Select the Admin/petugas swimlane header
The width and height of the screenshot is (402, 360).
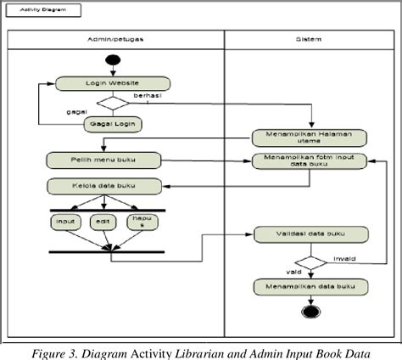coord(115,40)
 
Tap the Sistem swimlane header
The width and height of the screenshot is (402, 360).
coord(309,40)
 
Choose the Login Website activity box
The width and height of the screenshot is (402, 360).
coord(113,84)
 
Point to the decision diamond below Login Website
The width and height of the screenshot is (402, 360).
coord(113,103)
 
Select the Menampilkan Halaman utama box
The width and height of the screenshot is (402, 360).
coord(309,138)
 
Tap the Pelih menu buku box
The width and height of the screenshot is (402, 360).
coord(103,159)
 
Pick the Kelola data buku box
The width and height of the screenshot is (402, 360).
coord(103,186)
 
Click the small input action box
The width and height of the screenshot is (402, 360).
coord(64,222)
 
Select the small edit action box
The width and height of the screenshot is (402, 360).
coord(103,222)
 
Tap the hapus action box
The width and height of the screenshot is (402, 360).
coord(142,222)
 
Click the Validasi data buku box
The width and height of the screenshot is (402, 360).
coord(310,234)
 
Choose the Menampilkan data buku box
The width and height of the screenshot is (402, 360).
coord(310,287)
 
